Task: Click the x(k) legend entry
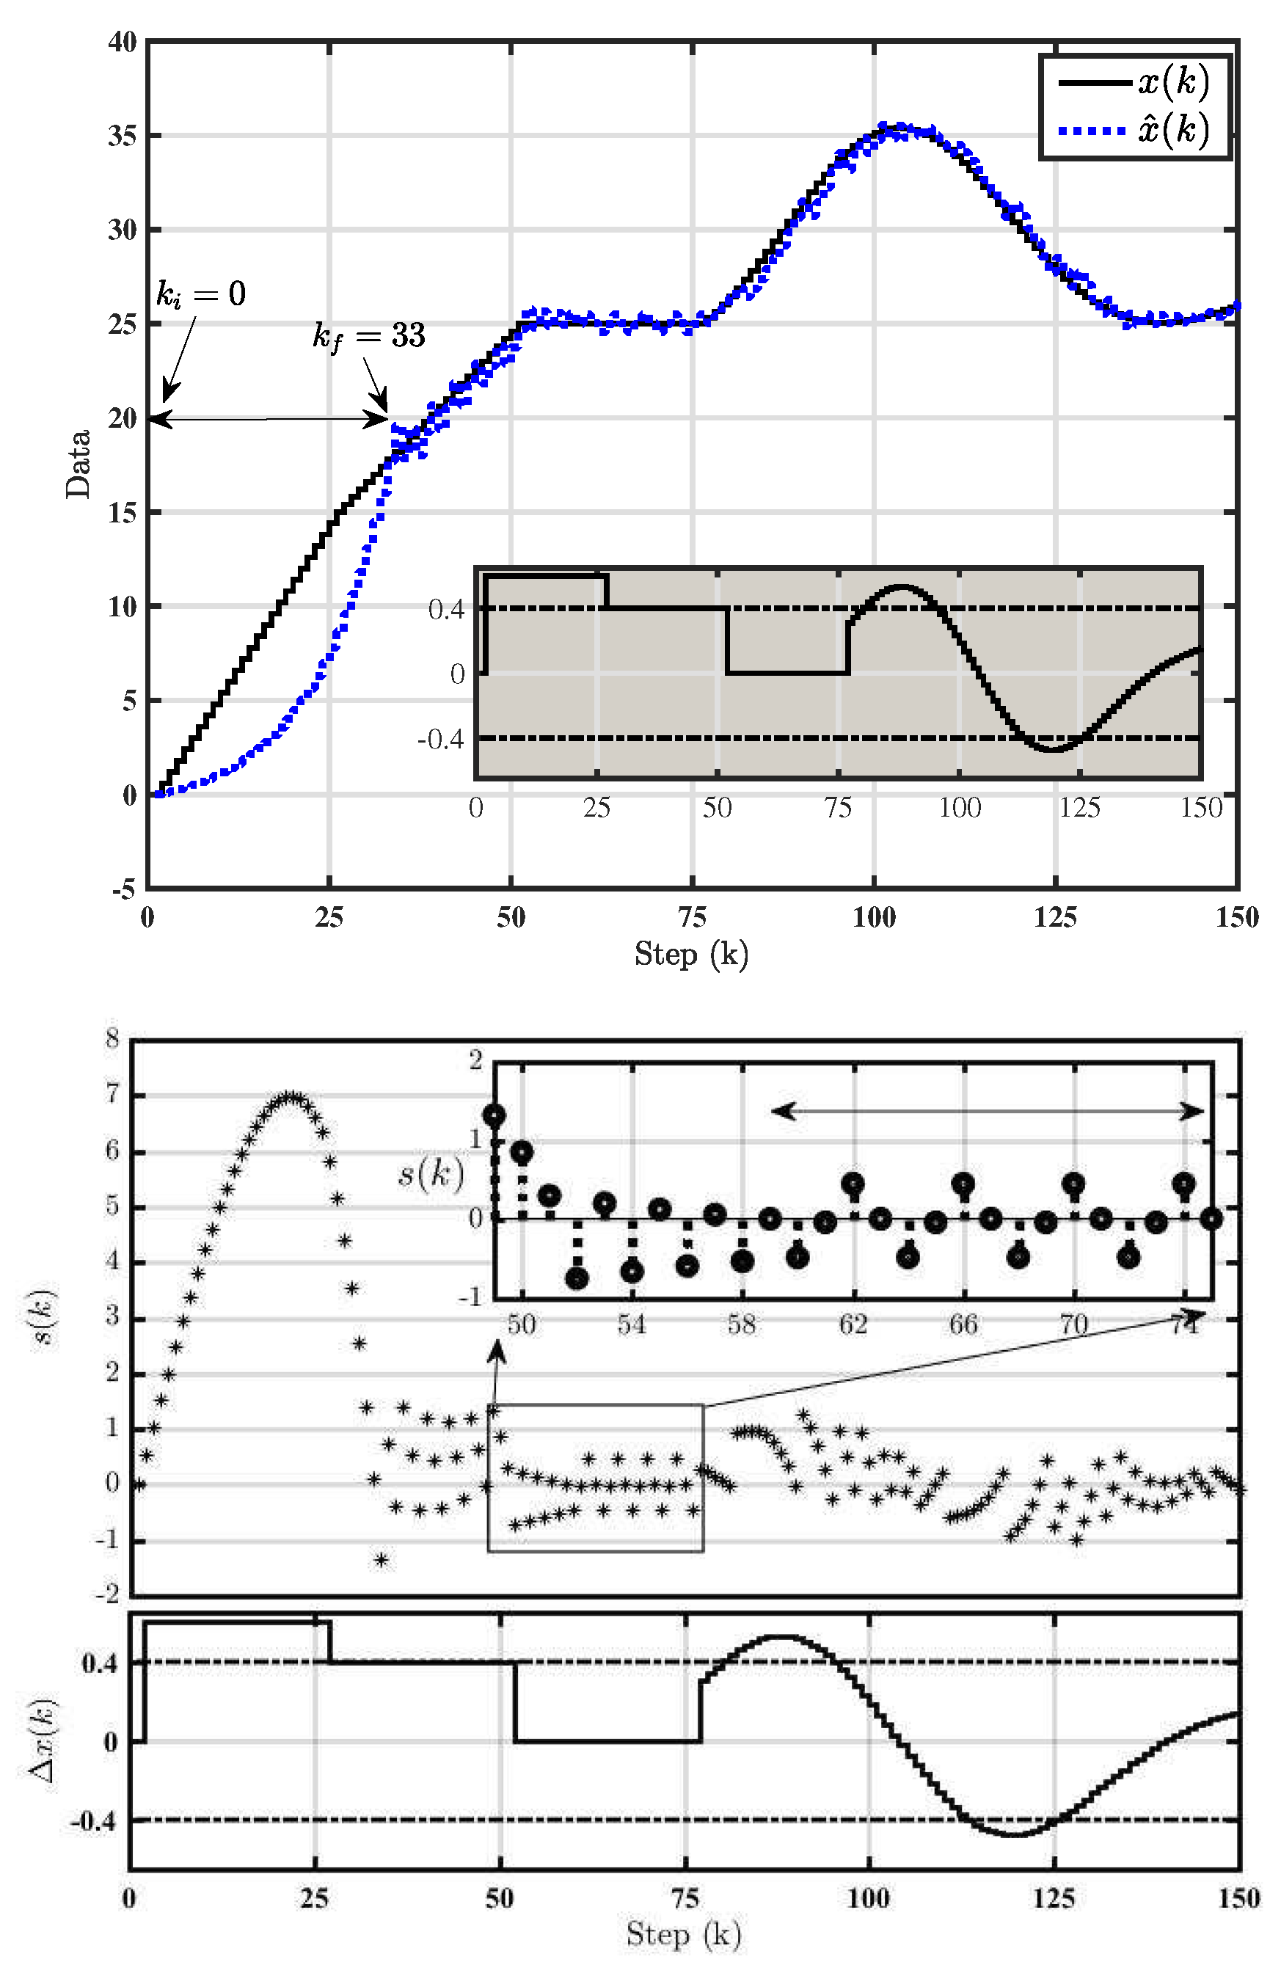(1134, 82)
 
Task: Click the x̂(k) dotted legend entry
(1134, 130)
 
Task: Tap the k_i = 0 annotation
(201, 294)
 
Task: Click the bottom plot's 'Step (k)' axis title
(682, 1933)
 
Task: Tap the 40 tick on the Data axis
(122, 42)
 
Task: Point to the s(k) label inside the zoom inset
(430, 1173)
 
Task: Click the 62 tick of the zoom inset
(853, 1324)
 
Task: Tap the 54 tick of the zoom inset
(632, 1324)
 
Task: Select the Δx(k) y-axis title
(43, 1740)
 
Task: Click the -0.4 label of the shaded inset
(440, 739)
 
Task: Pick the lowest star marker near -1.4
(381, 1561)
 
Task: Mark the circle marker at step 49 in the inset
(494, 1116)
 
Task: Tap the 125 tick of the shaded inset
(1079, 807)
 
